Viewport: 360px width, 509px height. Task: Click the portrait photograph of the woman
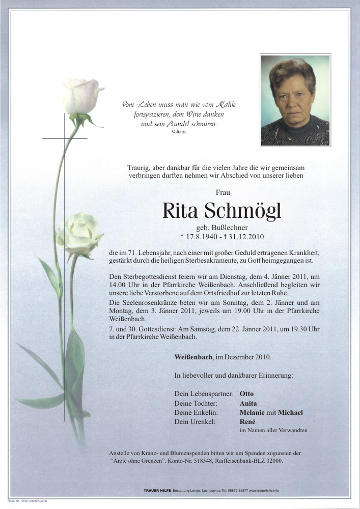coord(295,100)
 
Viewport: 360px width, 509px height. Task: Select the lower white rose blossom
coord(80,234)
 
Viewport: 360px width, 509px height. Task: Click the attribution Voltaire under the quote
coord(180,132)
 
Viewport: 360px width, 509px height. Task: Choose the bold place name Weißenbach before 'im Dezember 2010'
coord(193,357)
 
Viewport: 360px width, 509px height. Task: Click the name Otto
coord(246,393)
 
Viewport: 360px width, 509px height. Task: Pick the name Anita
coord(248,403)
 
